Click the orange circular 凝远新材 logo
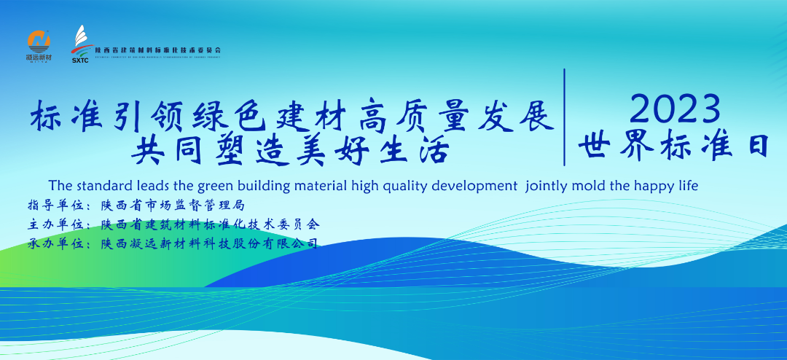39,42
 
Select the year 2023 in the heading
675,110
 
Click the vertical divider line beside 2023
564,117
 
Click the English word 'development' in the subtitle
473,186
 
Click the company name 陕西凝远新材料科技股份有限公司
210,244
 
